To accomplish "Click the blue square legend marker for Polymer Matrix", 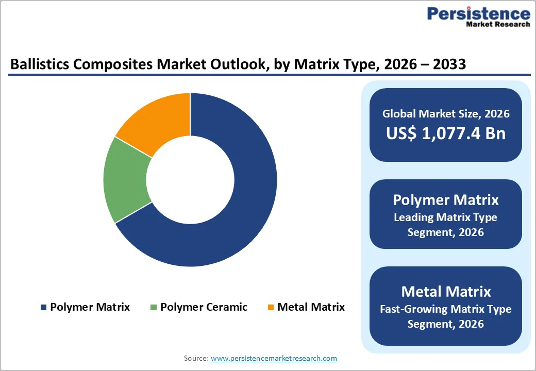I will tap(43, 308).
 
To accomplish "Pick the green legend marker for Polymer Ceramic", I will tap(153, 308).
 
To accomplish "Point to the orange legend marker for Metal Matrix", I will tap(271, 308).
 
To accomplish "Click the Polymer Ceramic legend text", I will tap(204, 307).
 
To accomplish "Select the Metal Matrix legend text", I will tap(311, 307).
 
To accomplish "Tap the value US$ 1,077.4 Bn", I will tap(446, 133).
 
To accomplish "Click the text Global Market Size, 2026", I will tap(446, 114).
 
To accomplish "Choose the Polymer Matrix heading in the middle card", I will tap(446, 200).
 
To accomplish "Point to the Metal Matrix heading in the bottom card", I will tap(446, 292).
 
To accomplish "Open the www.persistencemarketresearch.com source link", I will tap(274, 358).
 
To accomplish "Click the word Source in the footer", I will tap(195, 358).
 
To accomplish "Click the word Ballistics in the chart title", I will tap(38, 64).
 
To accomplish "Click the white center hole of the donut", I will tap(190, 180).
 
